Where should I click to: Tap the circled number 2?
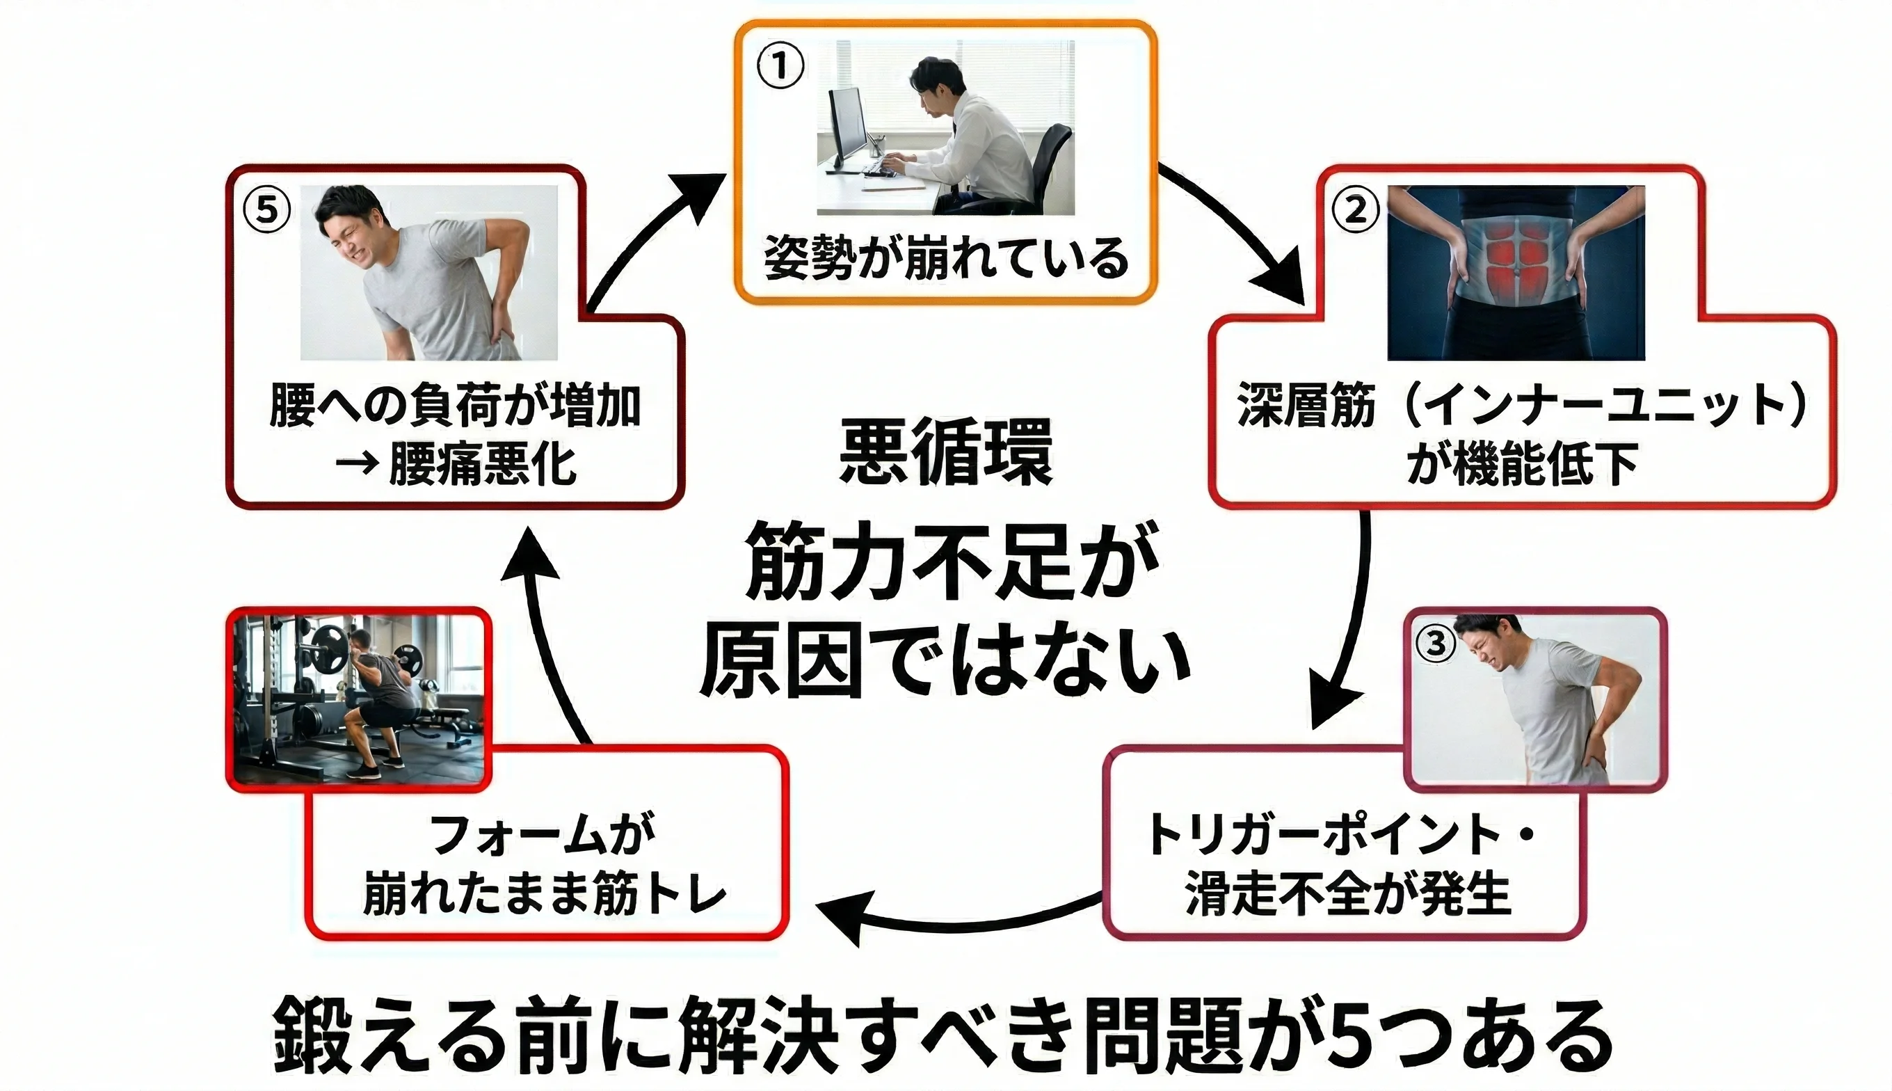point(1355,210)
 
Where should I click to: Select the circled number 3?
point(1434,642)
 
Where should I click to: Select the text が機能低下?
point(1521,464)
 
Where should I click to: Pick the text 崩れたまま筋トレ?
point(545,893)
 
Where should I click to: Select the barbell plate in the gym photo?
point(330,649)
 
